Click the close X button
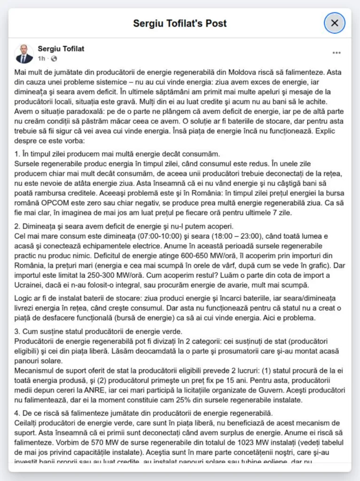(335, 23)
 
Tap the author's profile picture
(24, 54)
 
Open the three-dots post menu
(337, 53)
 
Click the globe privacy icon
(54, 59)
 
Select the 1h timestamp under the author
(41, 59)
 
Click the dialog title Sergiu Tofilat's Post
(180, 23)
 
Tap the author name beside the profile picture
(61, 49)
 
